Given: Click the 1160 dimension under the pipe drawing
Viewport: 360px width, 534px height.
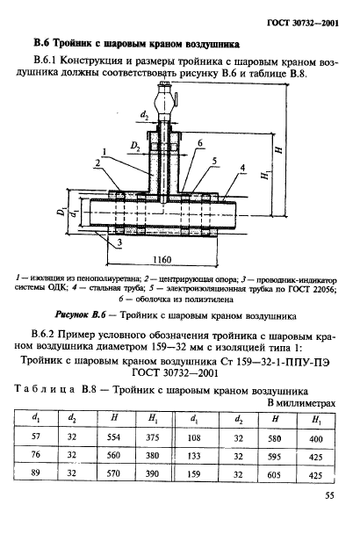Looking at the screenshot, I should click(x=161, y=261).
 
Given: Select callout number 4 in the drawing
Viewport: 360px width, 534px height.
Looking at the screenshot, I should click(x=241, y=166).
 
